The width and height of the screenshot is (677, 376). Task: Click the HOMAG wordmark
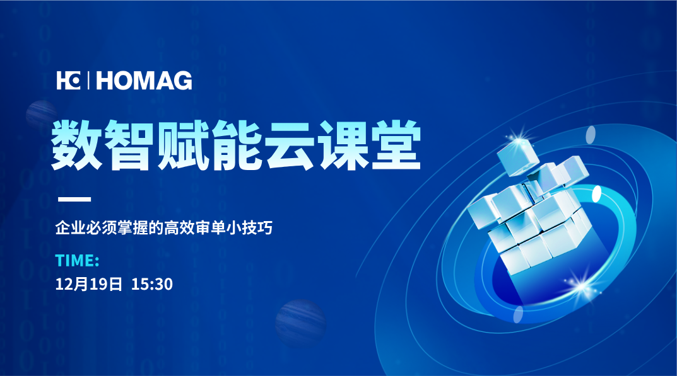[144, 81]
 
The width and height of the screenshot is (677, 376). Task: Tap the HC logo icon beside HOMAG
[68, 81]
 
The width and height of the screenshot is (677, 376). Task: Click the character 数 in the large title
[76, 145]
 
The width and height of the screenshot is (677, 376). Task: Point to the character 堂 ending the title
[396, 145]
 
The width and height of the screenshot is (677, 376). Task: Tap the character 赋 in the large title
[183, 145]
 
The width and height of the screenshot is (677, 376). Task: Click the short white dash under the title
[74, 199]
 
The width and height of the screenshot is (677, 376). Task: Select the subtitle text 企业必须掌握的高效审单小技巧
[164, 227]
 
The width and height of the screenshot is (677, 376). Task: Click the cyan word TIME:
[77, 261]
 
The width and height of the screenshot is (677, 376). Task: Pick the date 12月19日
[89, 284]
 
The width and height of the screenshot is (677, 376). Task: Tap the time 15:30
[152, 284]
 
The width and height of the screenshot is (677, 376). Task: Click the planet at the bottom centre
[300, 323]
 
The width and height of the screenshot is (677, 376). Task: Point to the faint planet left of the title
[40, 115]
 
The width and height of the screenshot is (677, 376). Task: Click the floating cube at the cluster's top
[518, 157]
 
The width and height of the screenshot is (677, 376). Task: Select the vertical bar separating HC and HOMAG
[88, 81]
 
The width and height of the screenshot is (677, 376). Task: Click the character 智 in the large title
[129, 145]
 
